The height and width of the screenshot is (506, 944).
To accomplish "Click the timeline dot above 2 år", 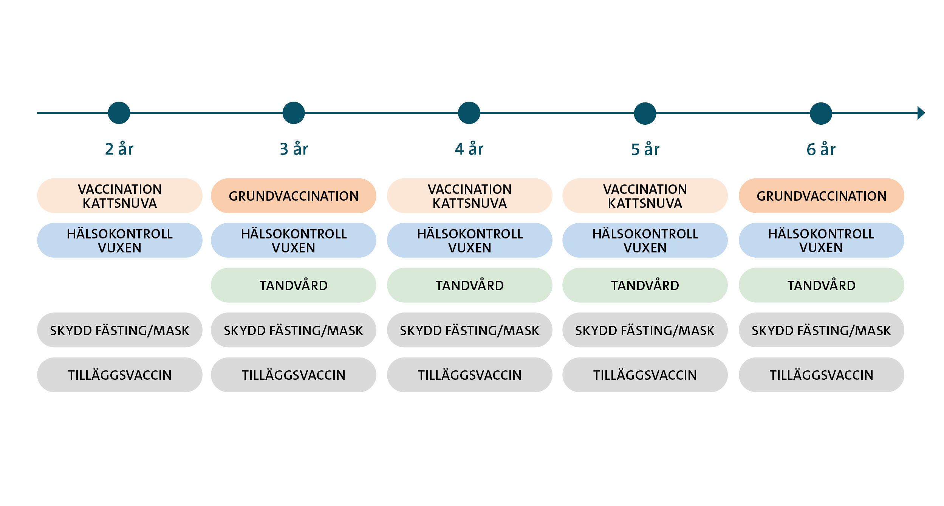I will [x=119, y=113].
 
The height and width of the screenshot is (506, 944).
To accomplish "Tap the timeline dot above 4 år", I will [x=469, y=113].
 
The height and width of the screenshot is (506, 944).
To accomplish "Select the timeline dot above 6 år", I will [x=821, y=113].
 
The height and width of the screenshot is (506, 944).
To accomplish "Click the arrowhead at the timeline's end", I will [x=921, y=113].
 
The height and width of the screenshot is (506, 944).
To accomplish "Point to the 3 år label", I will [x=294, y=149].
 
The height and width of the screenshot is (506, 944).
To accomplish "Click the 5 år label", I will [x=645, y=149].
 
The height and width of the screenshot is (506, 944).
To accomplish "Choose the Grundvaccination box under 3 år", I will [x=294, y=196].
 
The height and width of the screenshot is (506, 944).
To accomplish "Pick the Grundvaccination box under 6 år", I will [x=821, y=196].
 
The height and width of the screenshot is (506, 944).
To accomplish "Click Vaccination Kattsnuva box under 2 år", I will [x=120, y=196].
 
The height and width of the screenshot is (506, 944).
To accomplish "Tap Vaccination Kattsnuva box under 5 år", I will [x=645, y=196].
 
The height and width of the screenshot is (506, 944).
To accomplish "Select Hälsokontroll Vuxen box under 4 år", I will [x=469, y=240].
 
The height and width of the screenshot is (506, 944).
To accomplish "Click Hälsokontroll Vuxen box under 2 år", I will [x=120, y=240].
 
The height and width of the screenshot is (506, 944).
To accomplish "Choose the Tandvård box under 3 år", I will [x=294, y=285].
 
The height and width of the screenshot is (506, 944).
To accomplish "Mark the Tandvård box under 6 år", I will [x=821, y=285].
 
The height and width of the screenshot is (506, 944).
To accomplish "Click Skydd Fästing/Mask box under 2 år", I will [x=120, y=330].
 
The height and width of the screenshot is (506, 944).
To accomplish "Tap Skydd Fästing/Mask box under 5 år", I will [x=645, y=330].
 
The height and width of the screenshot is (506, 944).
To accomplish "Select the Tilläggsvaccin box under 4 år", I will [x=469, y=375].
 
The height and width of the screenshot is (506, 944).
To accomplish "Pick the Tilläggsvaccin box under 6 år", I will [x=821, y=375].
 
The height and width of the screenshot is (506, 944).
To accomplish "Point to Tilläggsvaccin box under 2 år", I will [x=120, y=375].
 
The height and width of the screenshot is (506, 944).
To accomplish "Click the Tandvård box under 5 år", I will [x=645, y=285].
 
